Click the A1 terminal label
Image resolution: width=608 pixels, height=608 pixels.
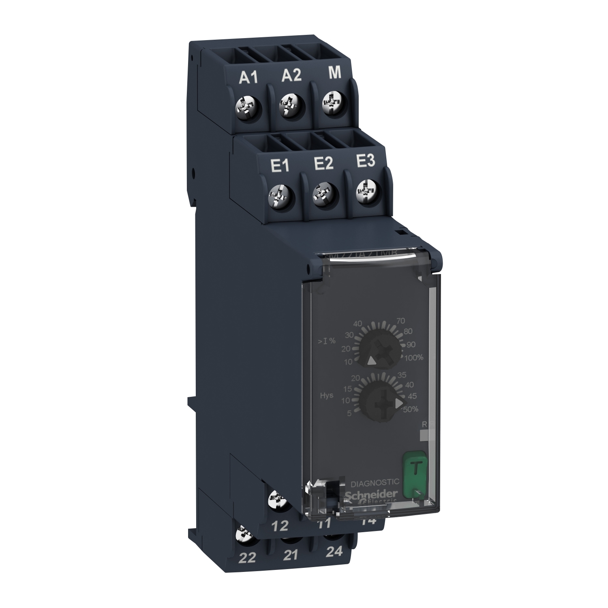[248, 77]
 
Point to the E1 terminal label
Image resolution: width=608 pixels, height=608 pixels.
[279, 166]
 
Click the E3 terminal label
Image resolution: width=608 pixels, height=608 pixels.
[365, 162]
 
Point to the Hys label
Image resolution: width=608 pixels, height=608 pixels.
[326, 395]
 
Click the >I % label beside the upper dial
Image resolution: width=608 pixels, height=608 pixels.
[327, 340]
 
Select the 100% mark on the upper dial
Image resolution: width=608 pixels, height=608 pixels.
[414, 357]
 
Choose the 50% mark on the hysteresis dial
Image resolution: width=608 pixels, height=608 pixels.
[410, 409]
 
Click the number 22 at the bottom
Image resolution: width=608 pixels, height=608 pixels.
[247, 558]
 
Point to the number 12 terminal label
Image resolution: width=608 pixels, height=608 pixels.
[279, 526]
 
